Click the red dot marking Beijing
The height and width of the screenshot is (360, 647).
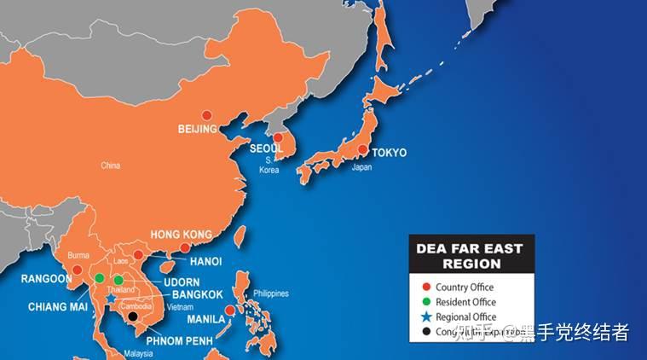205,115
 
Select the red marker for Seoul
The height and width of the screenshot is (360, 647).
278,137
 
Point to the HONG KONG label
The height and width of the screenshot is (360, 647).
181,235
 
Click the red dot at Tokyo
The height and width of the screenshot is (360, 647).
363,150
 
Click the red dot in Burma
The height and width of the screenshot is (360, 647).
78,270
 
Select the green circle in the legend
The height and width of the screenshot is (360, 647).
426,302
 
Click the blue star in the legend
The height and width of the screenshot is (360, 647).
426,316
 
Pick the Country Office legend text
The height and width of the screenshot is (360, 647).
465,287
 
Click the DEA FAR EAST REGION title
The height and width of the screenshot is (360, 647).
469,256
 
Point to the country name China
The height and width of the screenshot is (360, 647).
110,165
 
